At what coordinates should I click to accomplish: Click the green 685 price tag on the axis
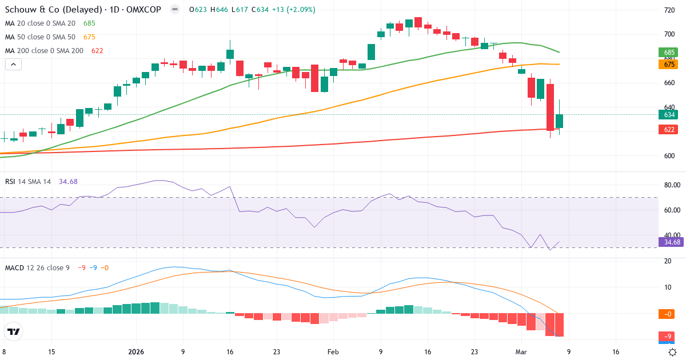[669, 53]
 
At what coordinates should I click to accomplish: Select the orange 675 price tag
[669, 65]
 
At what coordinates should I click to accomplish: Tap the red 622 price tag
[669, 130]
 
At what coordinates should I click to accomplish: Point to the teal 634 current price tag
[669, 115]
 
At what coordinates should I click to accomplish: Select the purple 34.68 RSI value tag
[672, 242]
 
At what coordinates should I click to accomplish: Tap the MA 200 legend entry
[45, 51]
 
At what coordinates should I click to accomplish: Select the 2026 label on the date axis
[136, 352]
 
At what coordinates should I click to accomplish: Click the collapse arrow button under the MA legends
[13, 65]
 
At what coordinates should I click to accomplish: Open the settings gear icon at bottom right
[673, 352]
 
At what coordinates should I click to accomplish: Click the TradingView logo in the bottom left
[13, 331]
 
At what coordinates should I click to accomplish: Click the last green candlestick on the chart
[559, 121]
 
